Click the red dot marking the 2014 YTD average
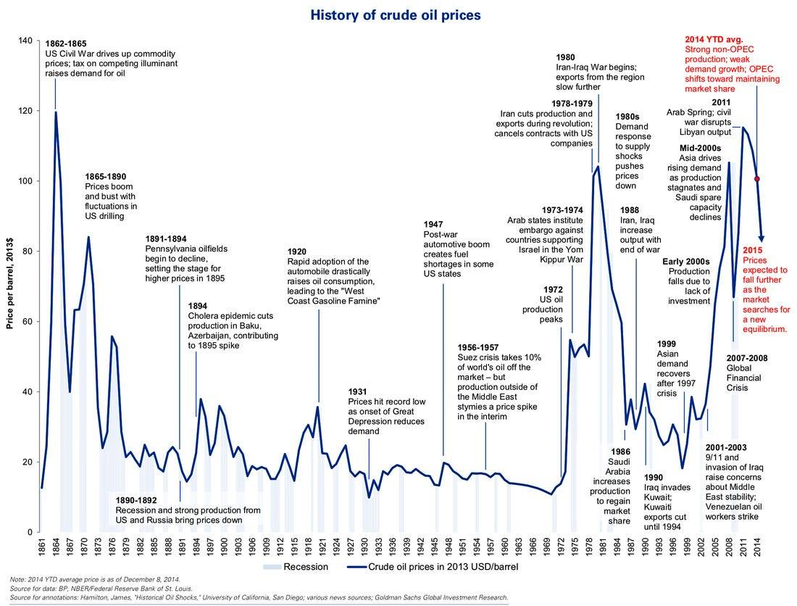point(757,178)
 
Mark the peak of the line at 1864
point(55,112)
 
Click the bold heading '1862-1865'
point(70,44)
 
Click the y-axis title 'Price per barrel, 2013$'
point(10,286)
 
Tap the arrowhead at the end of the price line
point(761,239)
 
